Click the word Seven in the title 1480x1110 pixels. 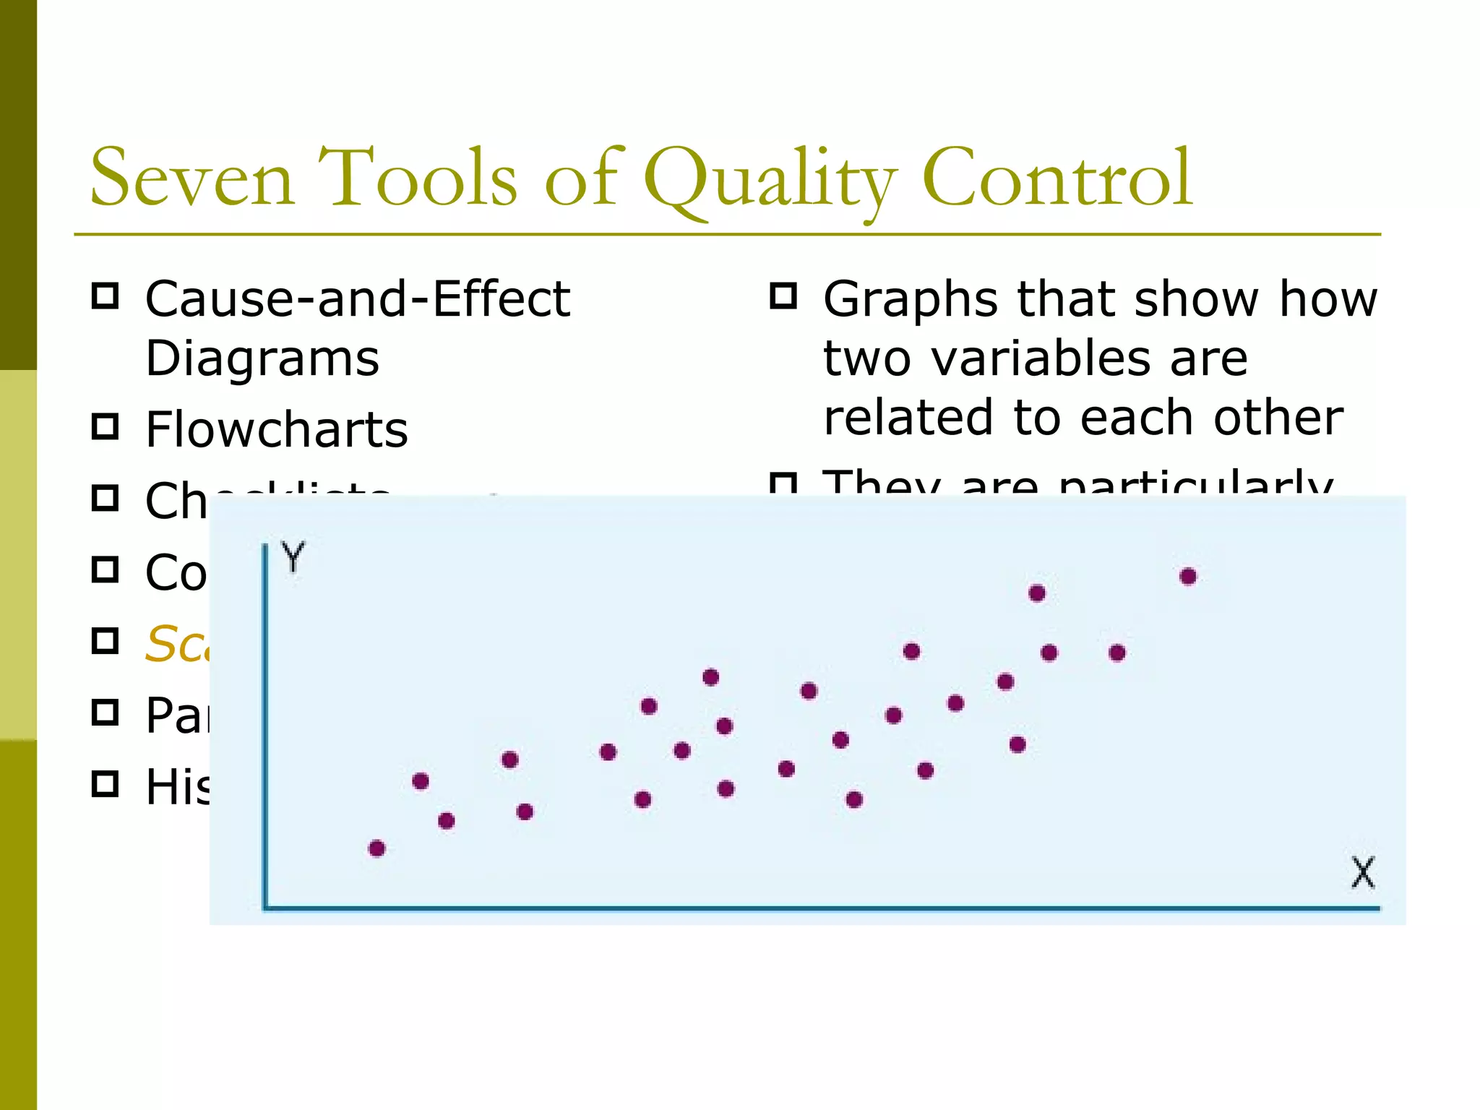point(192,178)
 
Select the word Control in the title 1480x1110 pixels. point(1057,178)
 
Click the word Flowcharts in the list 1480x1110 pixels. point(277,429)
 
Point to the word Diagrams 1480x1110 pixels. point(262,358)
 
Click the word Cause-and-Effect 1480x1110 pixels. point(358,298)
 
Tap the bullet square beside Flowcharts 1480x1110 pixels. point(106,426)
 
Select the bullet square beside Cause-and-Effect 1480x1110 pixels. point(106,296)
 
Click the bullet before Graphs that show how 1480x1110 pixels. point(783,296)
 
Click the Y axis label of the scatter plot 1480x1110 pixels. point(293,557)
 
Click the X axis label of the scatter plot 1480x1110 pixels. point(1362,872)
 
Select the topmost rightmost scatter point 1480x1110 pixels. point(1188,577)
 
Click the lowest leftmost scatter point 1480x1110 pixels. point(377,848)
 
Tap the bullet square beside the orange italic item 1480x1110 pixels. point(106,641)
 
